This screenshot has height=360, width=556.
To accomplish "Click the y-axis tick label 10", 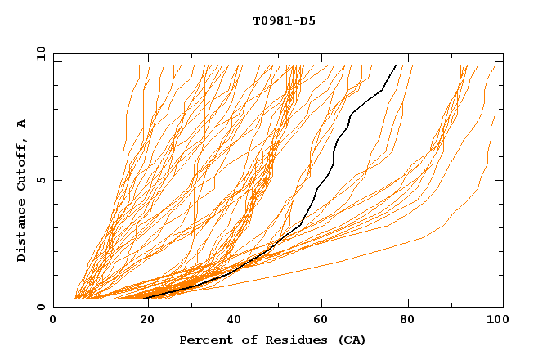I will [x=39, y=53].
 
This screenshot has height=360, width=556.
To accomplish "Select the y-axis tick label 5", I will [x=43, y=180].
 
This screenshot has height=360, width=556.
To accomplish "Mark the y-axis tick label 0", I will [x=43, y=307].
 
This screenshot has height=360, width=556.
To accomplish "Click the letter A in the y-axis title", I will [x=22, y=124].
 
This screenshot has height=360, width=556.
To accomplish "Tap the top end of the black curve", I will [x=396, y=65].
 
